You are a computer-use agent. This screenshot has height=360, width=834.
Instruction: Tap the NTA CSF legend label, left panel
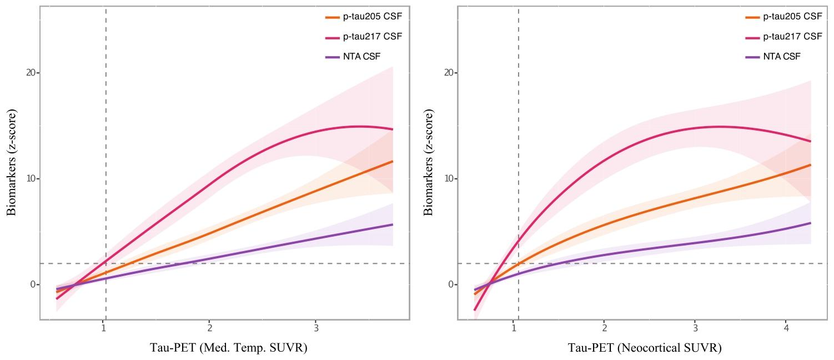pos(362,57)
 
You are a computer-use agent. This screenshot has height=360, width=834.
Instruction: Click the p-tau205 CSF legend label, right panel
pos(792,17)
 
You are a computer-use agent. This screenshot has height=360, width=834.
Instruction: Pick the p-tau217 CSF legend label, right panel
pos(792,37)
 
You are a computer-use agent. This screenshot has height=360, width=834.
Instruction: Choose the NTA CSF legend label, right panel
pos(782,57)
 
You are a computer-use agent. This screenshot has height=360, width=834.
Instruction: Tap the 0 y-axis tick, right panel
pos(450,284)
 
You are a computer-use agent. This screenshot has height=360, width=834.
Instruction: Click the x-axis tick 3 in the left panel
pos(315,328)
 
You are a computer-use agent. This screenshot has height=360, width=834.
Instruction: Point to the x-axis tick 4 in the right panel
pos(786,328)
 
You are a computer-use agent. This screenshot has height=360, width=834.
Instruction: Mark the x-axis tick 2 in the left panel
pos(209,328)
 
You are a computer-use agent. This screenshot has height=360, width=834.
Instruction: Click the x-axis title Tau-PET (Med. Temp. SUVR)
pos(228,348)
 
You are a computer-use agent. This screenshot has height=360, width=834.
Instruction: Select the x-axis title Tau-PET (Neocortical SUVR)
pos(644,348)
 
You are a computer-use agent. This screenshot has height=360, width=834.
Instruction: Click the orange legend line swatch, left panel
pos(332,17)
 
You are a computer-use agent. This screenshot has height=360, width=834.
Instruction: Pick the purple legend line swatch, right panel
pos(752,57)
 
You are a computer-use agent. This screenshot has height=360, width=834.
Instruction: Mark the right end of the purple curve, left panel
pos(393,224)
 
